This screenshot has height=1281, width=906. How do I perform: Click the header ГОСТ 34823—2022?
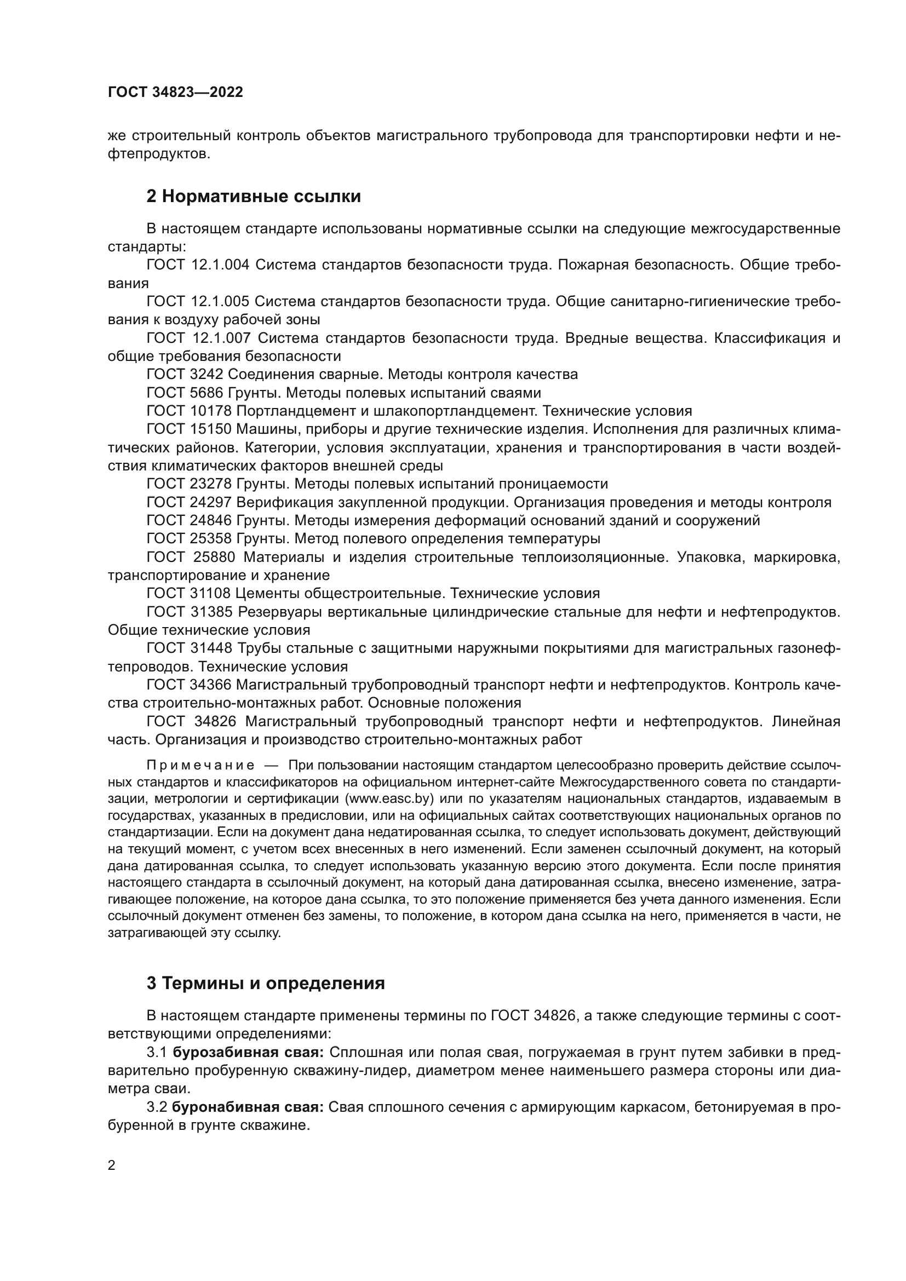tap(175, 93)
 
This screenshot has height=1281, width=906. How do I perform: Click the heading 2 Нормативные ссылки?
tap(253, 197)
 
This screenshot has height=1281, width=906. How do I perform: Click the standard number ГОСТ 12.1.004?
tap(198, 265)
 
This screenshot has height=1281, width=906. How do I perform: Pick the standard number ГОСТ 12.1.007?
tap(199, 338)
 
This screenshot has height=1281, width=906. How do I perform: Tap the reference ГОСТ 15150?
tap(189, 429)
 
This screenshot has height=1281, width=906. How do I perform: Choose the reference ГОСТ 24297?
tap(189, 502)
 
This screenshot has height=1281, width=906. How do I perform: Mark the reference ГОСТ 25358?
tap(189, 538)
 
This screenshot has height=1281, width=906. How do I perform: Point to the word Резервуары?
tap(279, 612)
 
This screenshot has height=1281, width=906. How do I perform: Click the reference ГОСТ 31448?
tap(189, 648)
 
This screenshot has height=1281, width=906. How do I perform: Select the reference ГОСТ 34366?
tap(189, 685)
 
